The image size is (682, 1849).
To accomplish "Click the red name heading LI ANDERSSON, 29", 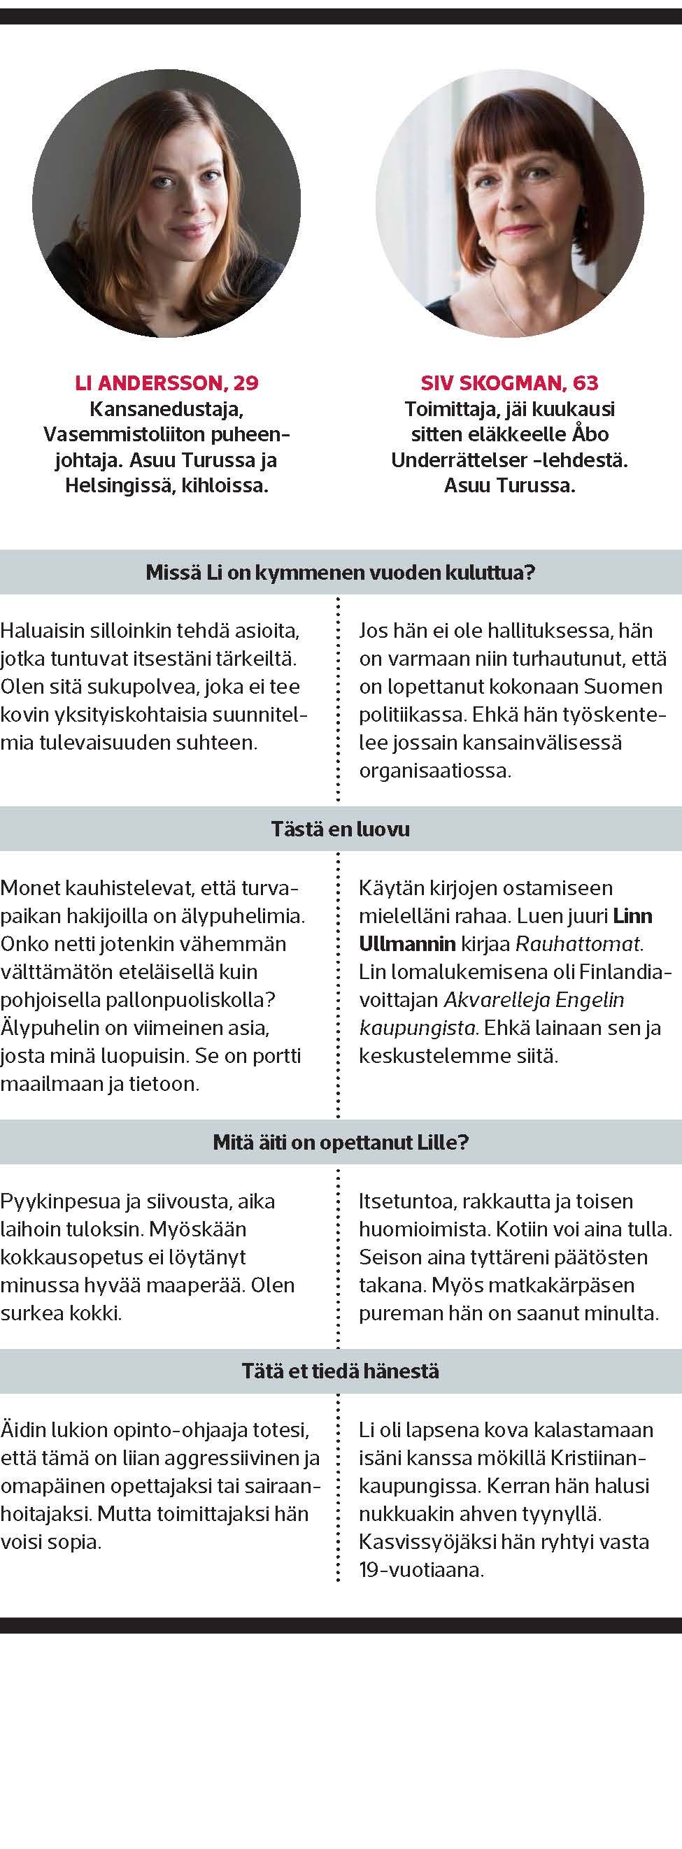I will (x=166, y=383).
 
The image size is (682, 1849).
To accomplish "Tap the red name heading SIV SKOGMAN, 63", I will (x=509, y=383).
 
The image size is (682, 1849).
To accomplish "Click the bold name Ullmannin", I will (x=407, y=944).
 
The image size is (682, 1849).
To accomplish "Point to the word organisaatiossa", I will (x=434, y=771).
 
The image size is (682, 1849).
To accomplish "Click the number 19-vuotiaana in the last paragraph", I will (x=420, y=1570).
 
